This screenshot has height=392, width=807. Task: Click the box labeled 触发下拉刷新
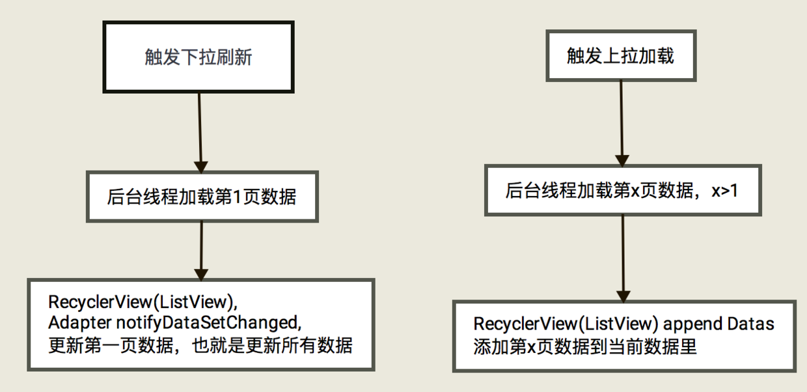coord(198,57)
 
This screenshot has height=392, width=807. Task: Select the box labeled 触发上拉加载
coord(620,55)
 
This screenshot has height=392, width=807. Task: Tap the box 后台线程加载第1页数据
coord(202,196)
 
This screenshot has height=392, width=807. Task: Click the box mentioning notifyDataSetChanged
coord(200,324)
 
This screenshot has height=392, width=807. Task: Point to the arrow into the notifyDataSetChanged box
coord(201,250)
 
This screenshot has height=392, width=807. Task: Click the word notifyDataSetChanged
coord(210,322)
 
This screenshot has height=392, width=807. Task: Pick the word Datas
coord(751,324)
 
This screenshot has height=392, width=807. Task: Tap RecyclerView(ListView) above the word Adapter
coord(140,302)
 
